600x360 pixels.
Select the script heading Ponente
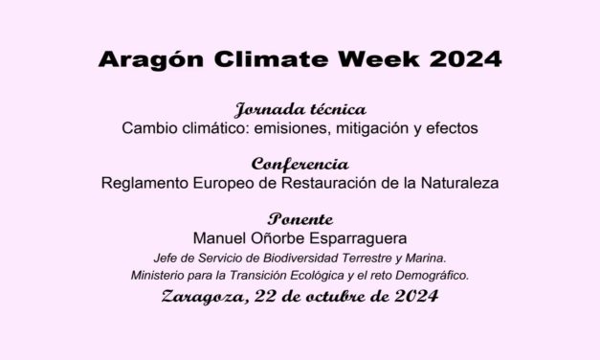point(300,217)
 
